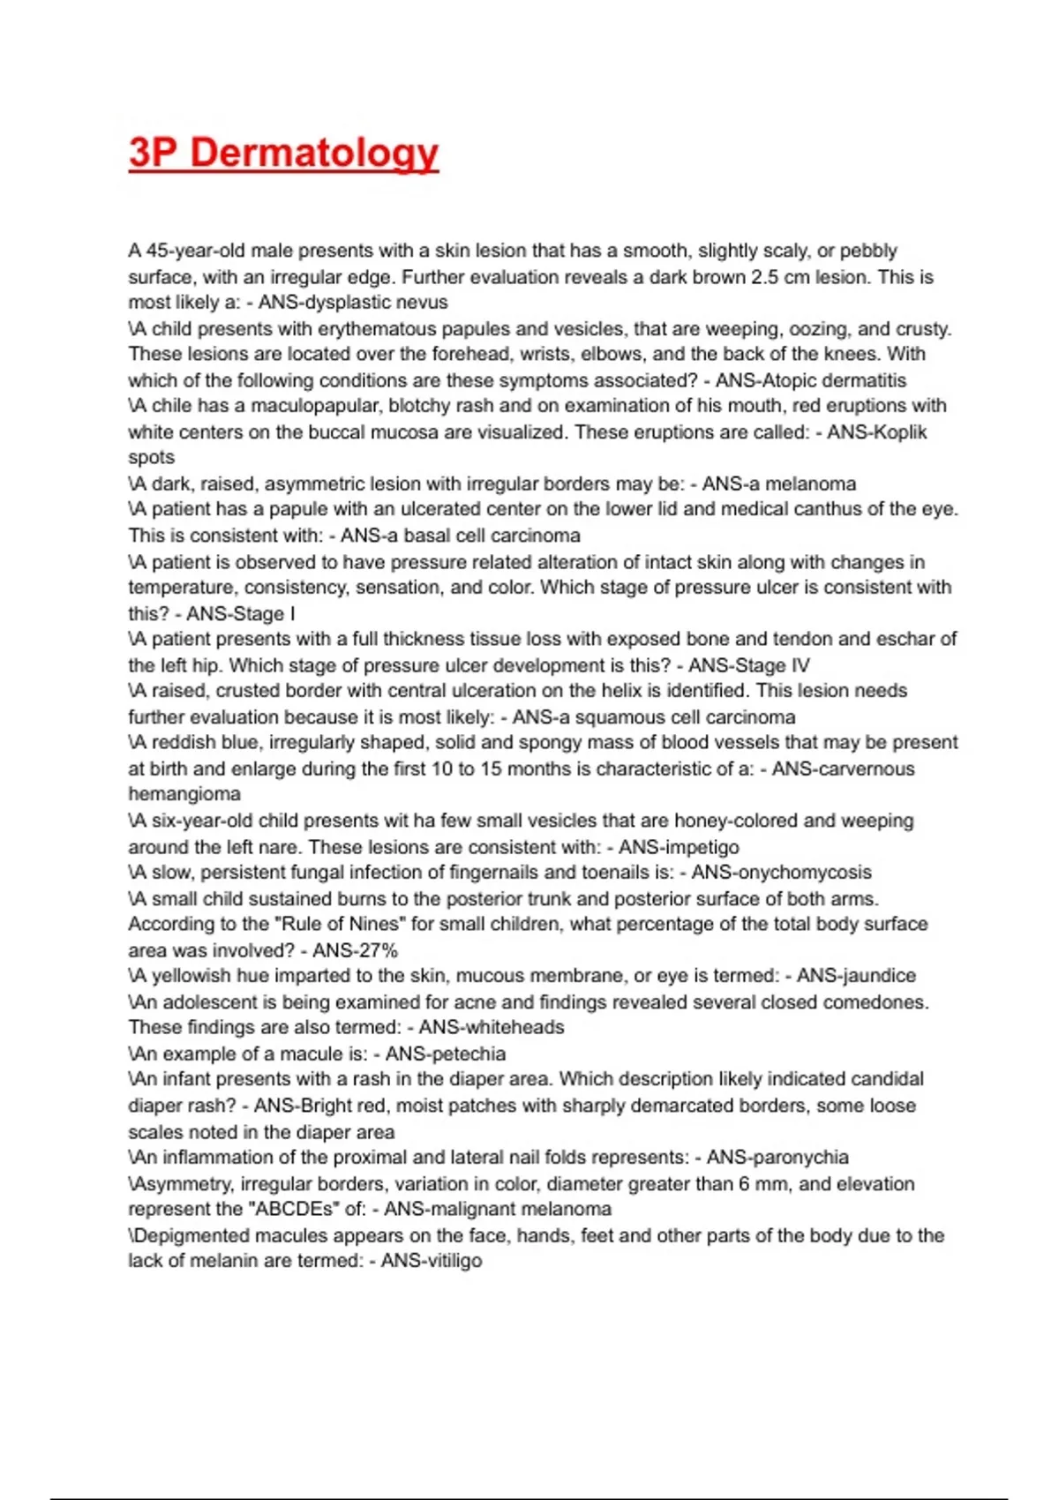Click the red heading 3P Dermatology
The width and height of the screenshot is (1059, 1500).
pyautogui.click(x=283, y=153)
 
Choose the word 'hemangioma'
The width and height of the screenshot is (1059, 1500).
pyautogui.click(x=184, y=794)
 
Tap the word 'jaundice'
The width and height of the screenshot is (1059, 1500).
pyautogui.click(x=879, y=976)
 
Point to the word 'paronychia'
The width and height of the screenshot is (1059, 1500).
pyautogui.click(x=800, y=1158)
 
